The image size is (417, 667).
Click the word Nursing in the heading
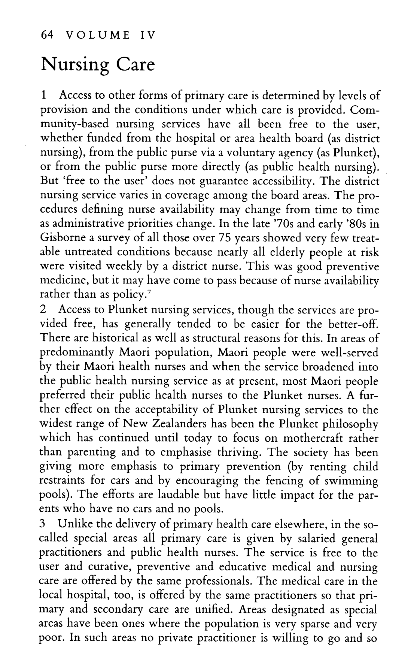[75, 65]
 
